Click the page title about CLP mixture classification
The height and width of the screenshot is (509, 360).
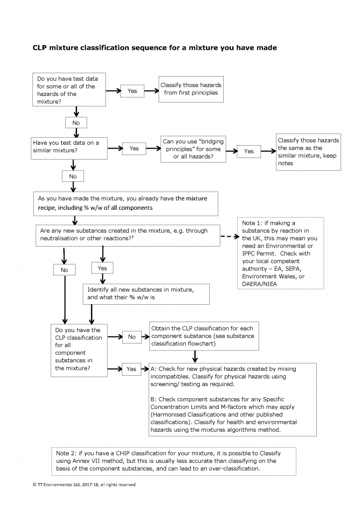[155, 48]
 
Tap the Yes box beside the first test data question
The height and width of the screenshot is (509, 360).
[132, 91]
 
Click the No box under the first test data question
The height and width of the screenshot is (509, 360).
[76, 123]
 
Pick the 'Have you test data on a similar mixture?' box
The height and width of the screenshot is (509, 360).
[70, 147]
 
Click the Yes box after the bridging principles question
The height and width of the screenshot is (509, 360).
[249, 151]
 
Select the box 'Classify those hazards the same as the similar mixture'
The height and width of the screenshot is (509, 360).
[308, 152]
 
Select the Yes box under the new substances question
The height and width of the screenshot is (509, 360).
[102, 268]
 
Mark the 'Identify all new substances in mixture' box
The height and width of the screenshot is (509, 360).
[146, 294]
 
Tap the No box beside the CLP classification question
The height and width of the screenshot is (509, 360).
[132, 337]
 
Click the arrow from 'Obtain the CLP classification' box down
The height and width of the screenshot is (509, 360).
[195, 356]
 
